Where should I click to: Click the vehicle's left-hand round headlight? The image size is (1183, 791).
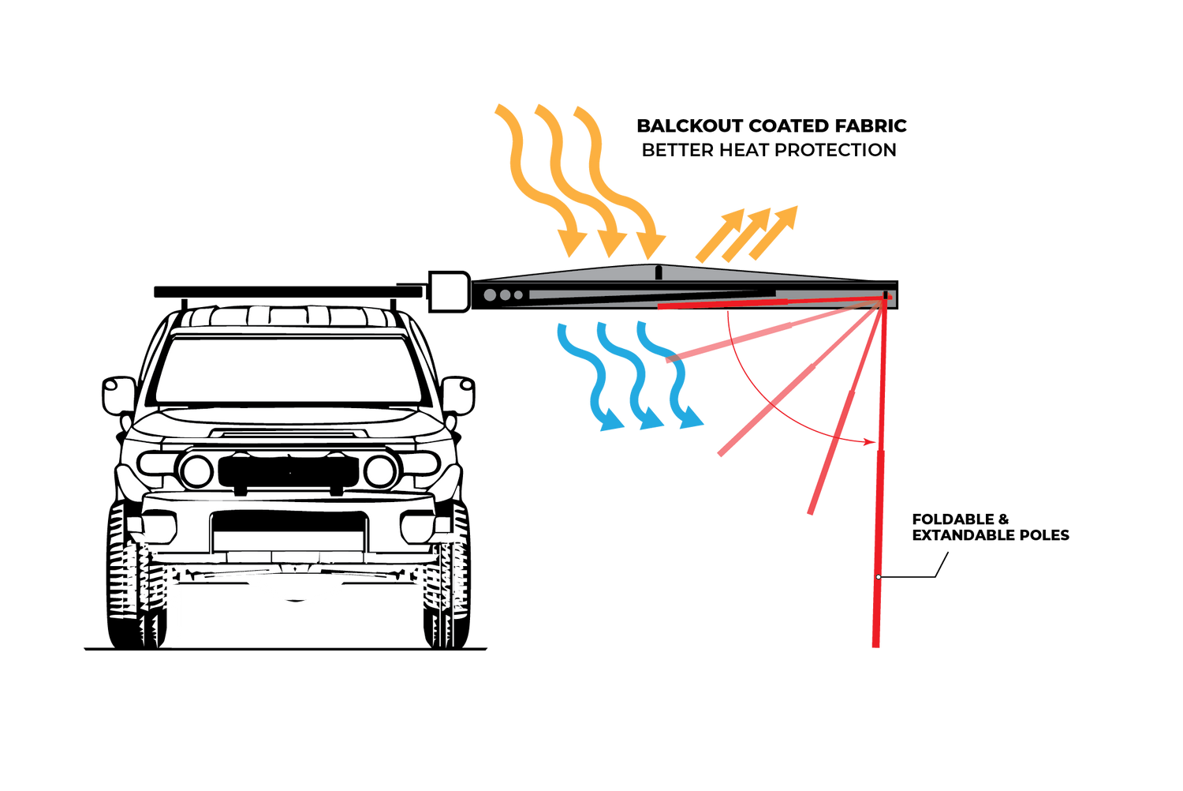(x=196, y=471)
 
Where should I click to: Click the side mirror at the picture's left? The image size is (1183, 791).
(x=119, y=394)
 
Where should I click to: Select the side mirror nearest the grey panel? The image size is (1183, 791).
(x=457, y=395)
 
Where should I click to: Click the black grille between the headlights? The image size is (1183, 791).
(x=288, y=471)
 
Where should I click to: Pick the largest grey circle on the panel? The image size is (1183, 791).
(x=490, y=295)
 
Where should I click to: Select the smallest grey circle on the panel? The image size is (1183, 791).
(x=518, y=295)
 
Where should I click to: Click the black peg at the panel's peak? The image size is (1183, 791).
(x=658, y=273)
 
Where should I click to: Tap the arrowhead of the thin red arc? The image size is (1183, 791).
(x=870, y=441)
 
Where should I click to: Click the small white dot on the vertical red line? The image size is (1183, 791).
(x=879, y=577)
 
